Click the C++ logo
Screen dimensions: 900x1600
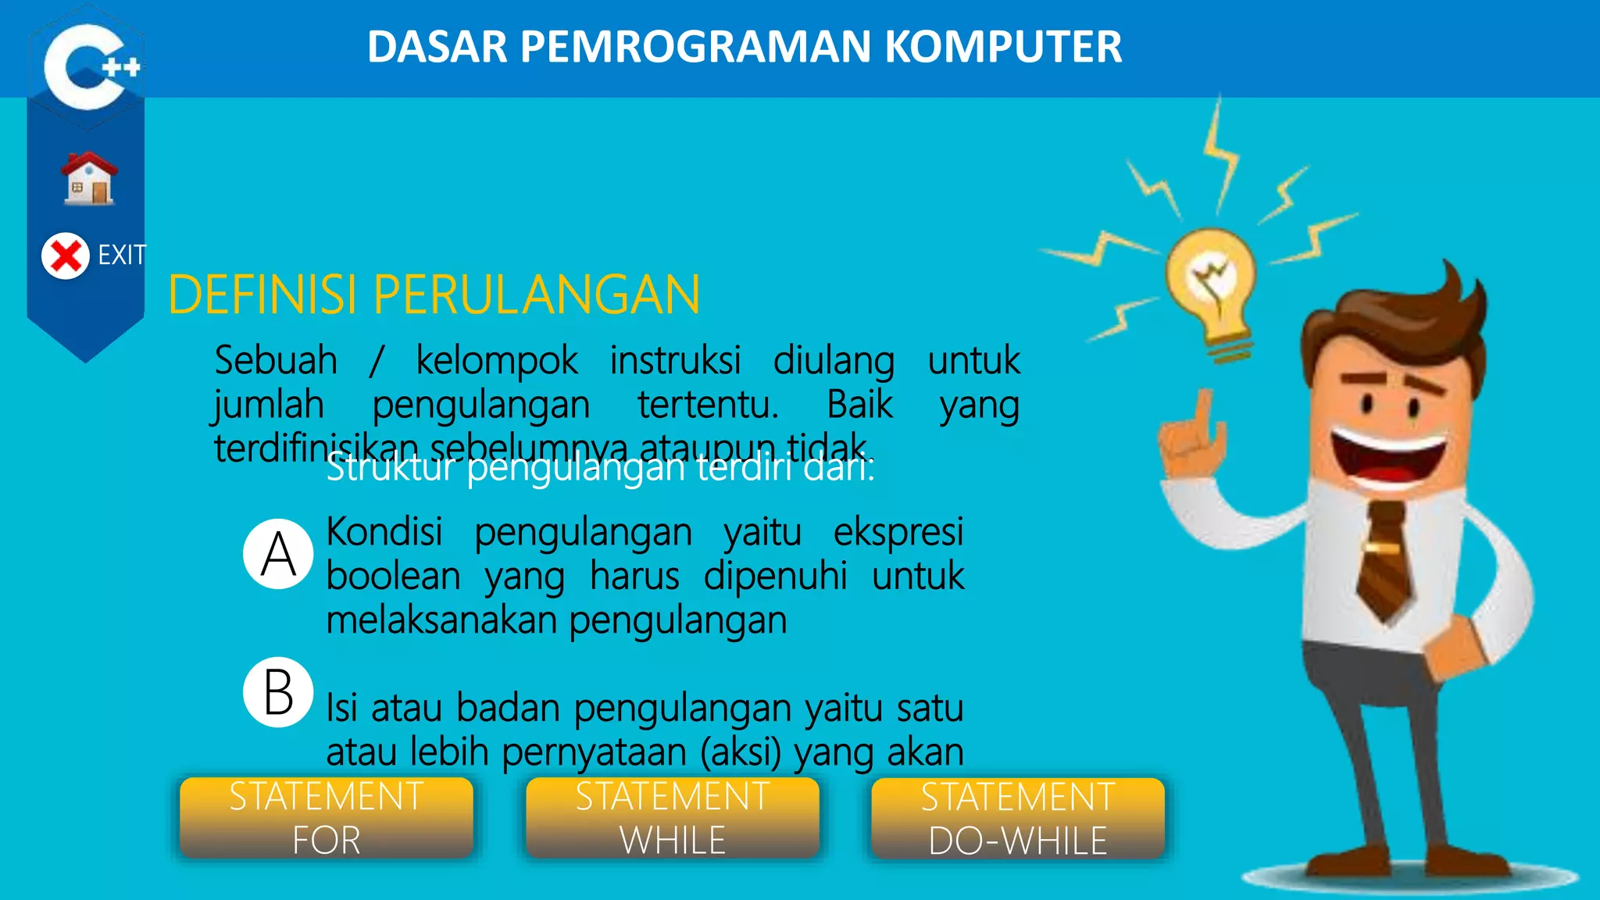coord(87,66)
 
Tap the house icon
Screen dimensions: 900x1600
coord(90,179)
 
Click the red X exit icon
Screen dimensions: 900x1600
coord(66,255)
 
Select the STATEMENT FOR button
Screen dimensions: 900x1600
coord(327,818)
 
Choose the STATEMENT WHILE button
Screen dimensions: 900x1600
coord(673,818)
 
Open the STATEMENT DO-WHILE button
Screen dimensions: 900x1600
coord(1018,818)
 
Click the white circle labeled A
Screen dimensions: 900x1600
coord(278,554)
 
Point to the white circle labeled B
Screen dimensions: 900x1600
coord(278,692)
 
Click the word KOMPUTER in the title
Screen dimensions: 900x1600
coord(1003,47)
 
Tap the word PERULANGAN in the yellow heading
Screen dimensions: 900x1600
coord(537,295)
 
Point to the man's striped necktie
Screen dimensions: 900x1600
coord(1385,559)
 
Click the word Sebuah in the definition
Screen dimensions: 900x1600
coord(276,360)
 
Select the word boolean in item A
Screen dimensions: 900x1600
coord(393,577)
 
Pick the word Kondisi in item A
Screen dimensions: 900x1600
coord(384,532)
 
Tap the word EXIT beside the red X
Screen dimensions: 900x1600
coord(122,255)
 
